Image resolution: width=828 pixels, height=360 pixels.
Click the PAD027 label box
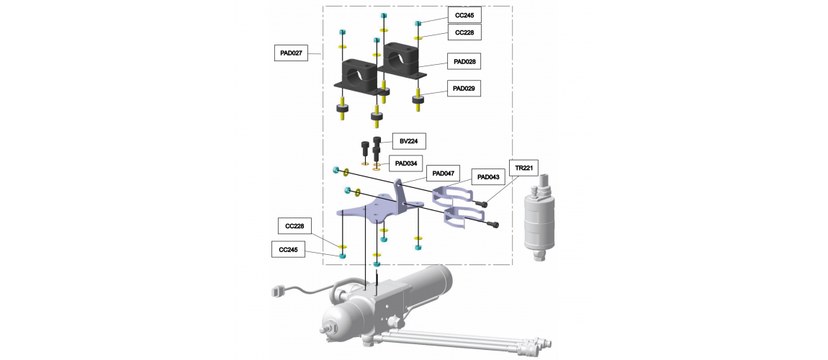(291, 53)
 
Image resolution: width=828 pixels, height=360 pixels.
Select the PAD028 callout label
(464, 62)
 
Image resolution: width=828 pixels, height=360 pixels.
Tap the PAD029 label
(464, 89)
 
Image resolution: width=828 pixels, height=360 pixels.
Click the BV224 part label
(409, 141)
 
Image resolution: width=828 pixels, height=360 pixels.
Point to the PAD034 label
(406, 163)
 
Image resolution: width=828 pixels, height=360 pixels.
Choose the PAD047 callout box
(444, 173)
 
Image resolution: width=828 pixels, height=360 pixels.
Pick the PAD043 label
(488, 177)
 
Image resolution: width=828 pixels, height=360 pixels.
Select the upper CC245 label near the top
(464, 15)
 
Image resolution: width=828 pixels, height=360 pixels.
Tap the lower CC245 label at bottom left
(288, 250)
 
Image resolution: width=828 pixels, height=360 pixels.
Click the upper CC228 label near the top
(464, 32)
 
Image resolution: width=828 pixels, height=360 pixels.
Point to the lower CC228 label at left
(295, 227)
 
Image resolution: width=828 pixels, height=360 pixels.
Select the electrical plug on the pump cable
(277, 292)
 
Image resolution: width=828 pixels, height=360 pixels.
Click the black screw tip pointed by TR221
(481, 203)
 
